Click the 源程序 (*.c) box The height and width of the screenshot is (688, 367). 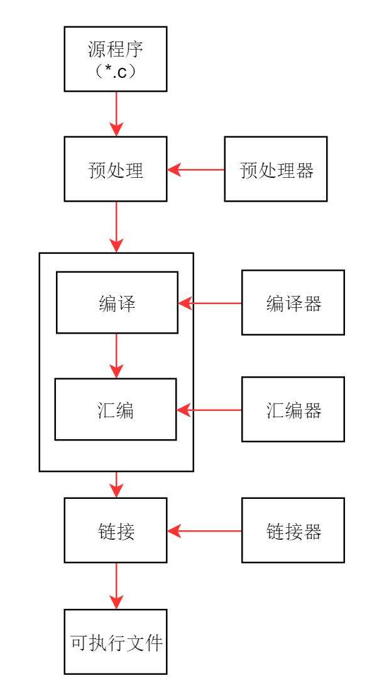pyautogui.click(x=116, y=58)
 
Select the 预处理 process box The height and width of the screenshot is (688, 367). pyautogui.click(x=116, y=170)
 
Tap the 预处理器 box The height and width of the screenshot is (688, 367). pyautogui.click(x=277, y=170)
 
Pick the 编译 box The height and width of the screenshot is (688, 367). pyautogui.click(x=118, y=302)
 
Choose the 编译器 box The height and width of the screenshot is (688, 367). pyautogui.click(x=293, y=303)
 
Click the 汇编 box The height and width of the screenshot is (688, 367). pyautogui.click(x=116, y=410)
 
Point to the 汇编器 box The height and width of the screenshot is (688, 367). pyautogui.click(x=293, y=410)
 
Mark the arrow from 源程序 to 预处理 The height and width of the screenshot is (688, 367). pyautogui.click(x=116, y=113)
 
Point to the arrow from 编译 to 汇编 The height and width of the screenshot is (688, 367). pyautogui.click(x=116, y=355)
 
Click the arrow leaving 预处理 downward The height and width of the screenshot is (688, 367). pyautogui.click(x=116, y=226)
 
